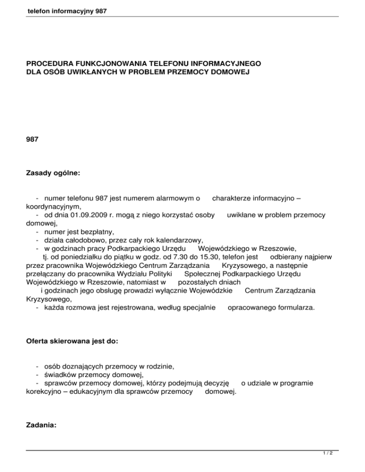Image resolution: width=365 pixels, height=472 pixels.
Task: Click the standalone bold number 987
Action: click(32, 140)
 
